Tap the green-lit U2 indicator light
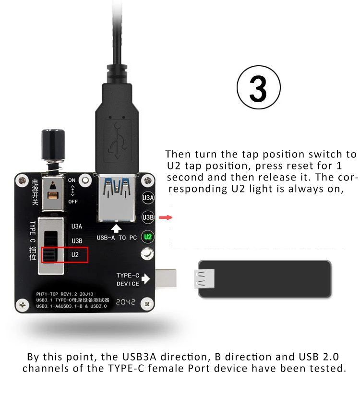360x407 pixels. (148, 236)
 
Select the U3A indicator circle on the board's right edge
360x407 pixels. (148, 197)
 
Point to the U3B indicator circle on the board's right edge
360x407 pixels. (148, 217)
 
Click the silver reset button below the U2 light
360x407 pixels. (146, 255)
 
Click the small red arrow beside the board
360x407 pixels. (166, 217)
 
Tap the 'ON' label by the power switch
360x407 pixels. (72, 180)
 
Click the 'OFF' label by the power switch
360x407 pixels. (73, 202)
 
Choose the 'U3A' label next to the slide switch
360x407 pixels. (77, 226)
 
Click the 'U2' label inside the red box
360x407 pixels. (75, 255)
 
